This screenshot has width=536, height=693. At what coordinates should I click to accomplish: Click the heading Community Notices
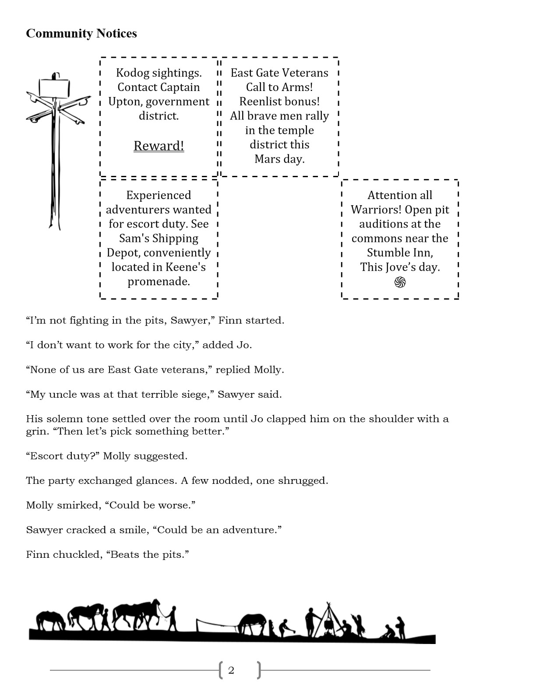click(81, 34)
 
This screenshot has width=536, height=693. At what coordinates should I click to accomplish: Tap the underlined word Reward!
click(159, 146)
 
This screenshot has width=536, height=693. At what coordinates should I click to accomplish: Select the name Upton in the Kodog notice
click(125, 102)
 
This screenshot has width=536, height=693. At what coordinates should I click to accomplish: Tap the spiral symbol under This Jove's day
click(400, 283)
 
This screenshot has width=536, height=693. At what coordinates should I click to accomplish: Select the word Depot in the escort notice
click(123, 253)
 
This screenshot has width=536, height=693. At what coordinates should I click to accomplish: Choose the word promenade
click(159, 281)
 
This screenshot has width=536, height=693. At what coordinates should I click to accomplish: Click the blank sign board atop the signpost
click(55, 88)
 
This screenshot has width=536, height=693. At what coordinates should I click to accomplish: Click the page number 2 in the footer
click(231, 670)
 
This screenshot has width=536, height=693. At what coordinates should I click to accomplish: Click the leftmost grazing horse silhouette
click(50, 620)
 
